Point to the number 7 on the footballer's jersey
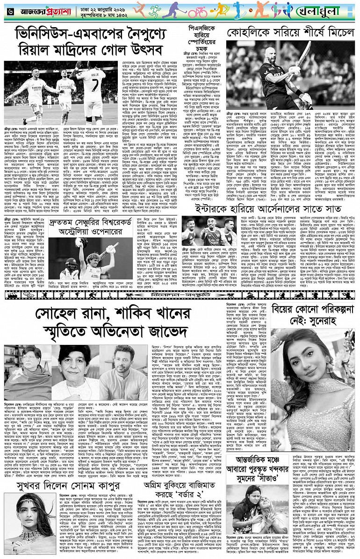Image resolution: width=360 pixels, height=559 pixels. [x=99, y=75]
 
